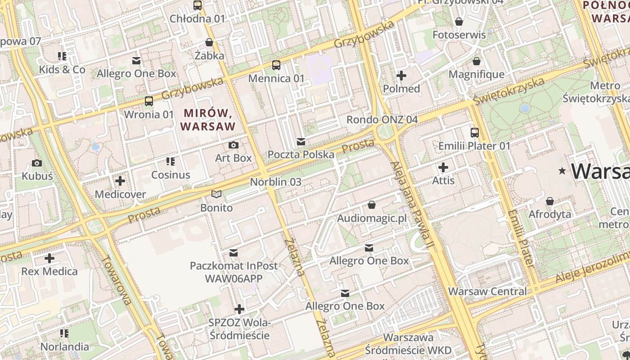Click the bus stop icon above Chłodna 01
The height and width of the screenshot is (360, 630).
(198, 5)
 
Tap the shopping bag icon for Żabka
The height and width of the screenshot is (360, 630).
(209, 43)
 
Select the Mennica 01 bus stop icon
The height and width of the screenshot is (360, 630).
(276, 65)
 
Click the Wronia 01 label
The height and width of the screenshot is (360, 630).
(148, 114)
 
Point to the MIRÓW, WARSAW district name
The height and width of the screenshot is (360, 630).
(208, 119)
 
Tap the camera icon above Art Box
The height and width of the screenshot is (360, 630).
(233, 145)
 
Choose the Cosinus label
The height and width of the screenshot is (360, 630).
(171, 175)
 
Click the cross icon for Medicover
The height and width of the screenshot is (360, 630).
(120, 181)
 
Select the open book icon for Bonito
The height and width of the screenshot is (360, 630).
(216, 194)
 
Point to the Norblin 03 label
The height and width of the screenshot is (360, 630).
(275, 182)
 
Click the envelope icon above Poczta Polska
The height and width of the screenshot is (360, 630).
(301, 142)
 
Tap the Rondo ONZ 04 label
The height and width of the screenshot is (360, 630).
(382, 120)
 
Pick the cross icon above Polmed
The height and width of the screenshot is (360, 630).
(401, 76)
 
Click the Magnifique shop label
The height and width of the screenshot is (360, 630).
(477, 74)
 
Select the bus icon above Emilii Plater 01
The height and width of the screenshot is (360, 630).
(475, 133)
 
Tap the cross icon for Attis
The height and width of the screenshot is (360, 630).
(443, 168)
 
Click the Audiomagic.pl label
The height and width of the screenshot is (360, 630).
(372, 218)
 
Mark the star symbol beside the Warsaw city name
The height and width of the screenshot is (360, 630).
(562, 171)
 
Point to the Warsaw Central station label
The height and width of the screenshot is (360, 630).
(487, 291)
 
